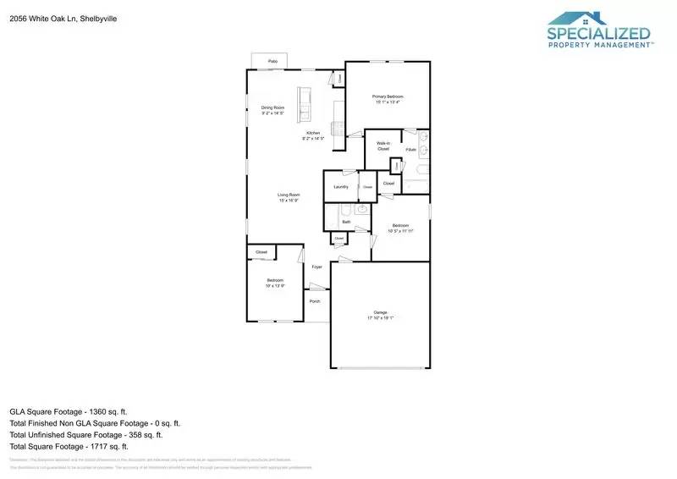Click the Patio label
[x=272, y=62]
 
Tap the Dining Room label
[x=272, y=107]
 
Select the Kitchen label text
[x=313, y=134]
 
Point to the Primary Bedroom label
[x=385, y=96]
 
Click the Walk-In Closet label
[x=383, y=146]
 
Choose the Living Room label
[x=289, y=195]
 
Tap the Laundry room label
[x=341, y=186]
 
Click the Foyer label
[x=317, y=267]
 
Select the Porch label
[x=315, y=300]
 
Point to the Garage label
[x=380, y=312]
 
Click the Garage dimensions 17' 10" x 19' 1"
[x=380, y=318]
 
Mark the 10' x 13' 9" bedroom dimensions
[x=275, y=286]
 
